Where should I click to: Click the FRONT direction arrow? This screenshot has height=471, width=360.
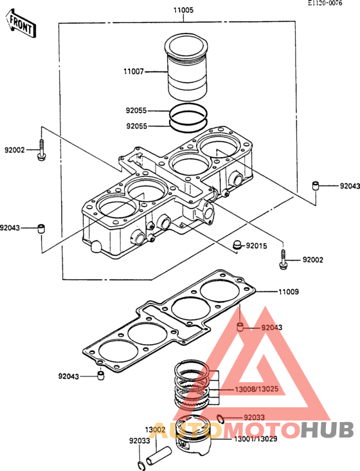click(x=21, y=24)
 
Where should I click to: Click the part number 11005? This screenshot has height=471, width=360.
click(x=183, y=10)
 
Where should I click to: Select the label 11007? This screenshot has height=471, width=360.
click(x=134, y=72)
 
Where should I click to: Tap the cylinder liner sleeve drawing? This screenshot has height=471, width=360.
click(x=186, y=68)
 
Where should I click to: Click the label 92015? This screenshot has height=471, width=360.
click(x=256, y=246)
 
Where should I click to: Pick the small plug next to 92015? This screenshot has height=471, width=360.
click(x=238, y=245)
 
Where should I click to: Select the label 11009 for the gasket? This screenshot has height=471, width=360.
click(x=289, y=291)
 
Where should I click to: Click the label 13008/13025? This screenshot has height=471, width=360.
click(x=256, y=389)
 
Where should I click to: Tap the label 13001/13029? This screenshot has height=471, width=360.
click(x=255, y=439)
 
